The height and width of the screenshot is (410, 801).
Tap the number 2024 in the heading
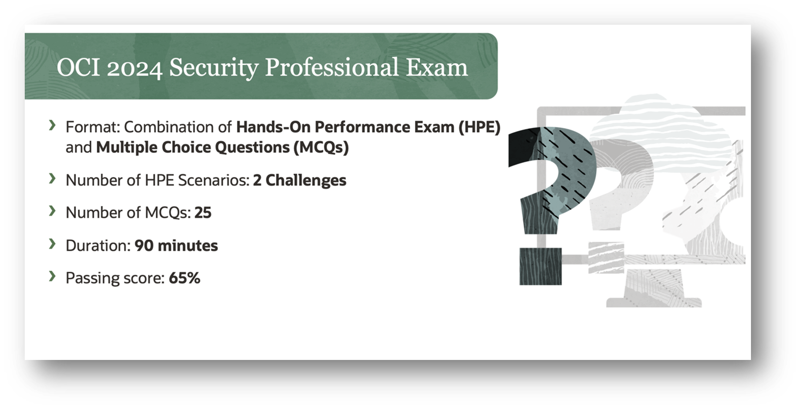pyautogui.click(x=134, y=67)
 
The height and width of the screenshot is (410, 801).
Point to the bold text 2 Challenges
pyautogui.click(x=300, y=180)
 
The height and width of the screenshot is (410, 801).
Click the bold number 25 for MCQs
pyautogui.click(x=203, y=213)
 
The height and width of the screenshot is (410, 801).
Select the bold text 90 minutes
pyautogui.click(x=176, y=246)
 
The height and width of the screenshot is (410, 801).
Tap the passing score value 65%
pyautogui.click(x=184, y=278)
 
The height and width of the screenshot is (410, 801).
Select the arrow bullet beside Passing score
pyautogui.click(x=52, y=276)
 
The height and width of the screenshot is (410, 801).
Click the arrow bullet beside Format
pyautogui.click(x=52, y=125)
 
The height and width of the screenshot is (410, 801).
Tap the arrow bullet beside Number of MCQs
pyautogui.click(x=52, y=211)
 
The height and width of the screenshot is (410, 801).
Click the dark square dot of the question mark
pyautogui.click(x=540, y=266)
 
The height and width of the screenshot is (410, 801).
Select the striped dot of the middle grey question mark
pyautogui.click(x=606, y=257)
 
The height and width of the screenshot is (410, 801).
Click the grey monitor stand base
pyautogui.click(x=654, y=302)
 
